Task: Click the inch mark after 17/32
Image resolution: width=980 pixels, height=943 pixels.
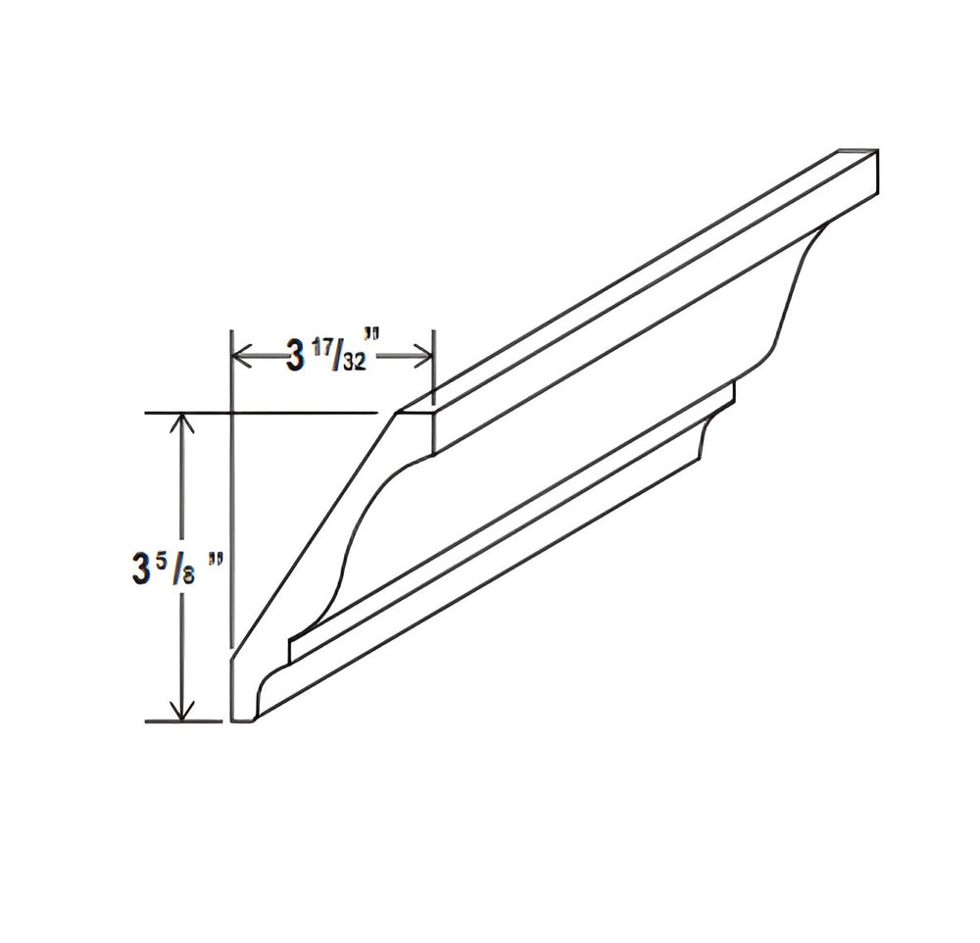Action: click(x=373, y=337)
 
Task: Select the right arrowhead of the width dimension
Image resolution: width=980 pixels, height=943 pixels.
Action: click(x=422, y=357)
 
